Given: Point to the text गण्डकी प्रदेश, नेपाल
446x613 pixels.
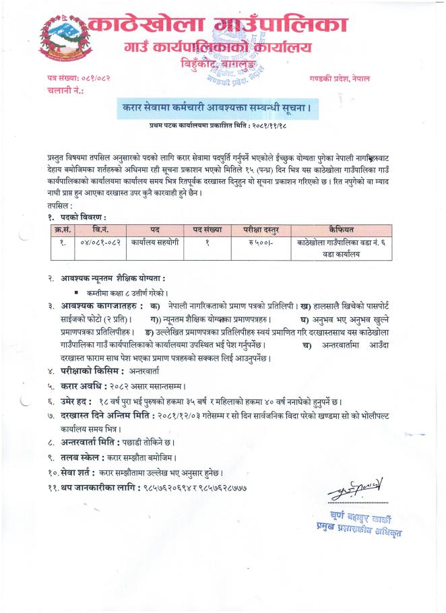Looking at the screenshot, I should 341,79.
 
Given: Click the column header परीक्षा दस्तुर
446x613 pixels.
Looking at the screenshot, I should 255,230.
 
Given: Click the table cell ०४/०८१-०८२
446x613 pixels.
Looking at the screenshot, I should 99,243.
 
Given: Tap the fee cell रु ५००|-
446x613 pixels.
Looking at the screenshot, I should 256,243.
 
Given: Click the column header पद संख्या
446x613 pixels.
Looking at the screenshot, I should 208,230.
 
